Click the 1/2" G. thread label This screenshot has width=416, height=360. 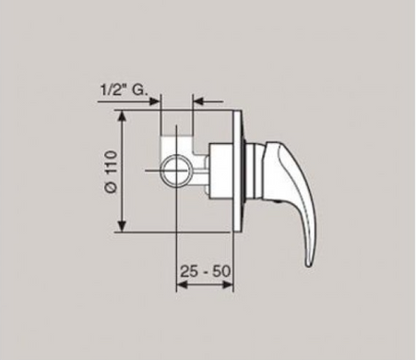coord(124,90)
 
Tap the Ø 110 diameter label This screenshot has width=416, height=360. coord(112,172)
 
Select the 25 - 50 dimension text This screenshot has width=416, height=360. coord(205,271)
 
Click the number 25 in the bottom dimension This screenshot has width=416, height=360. coord(188,271)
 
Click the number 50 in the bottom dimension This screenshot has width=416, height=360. coord(222,271)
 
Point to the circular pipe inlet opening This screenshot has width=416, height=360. coord(176,170)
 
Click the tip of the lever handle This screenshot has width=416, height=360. coord(309,265)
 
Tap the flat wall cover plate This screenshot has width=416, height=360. coord(238,171)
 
